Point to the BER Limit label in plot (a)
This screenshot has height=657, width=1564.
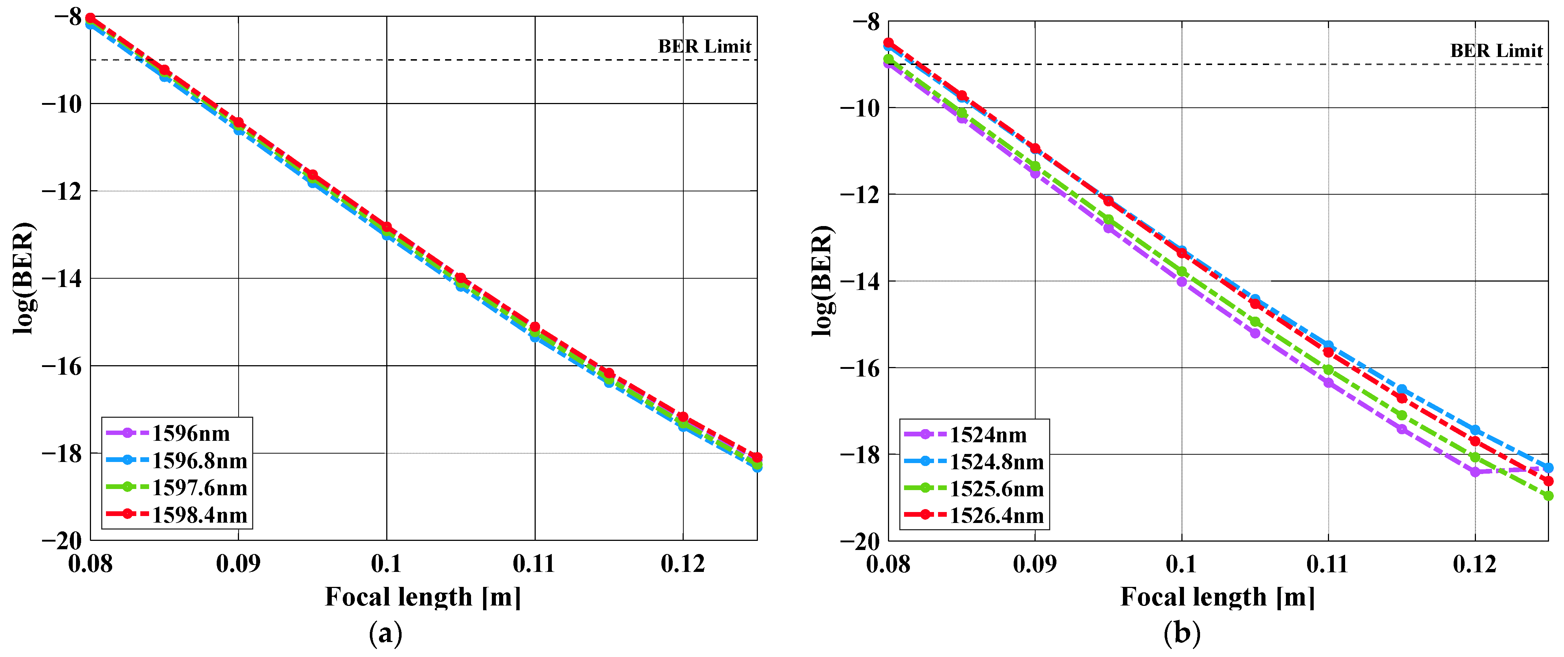(704, 47)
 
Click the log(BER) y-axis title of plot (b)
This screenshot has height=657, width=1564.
(822, 280)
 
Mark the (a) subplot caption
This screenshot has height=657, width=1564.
(386, 634)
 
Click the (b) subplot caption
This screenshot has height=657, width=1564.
(1181, 634)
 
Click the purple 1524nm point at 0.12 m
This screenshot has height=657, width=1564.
(1475, 471)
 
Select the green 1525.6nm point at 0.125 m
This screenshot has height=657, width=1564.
(1548, 496)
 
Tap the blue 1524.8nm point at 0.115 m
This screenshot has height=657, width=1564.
(1401, 389)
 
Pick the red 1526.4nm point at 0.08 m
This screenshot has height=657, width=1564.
(888, 42)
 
